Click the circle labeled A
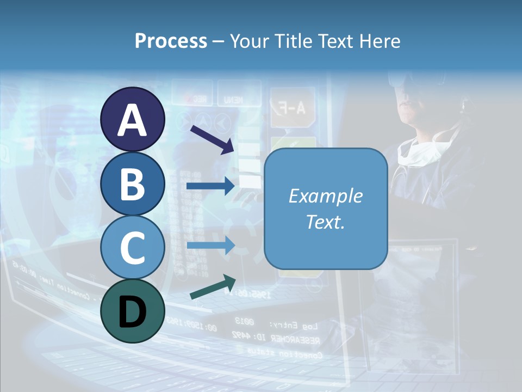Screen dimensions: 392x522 point(132,120)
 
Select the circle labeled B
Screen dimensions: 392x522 point(132,183)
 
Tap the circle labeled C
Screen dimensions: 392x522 point(132,247)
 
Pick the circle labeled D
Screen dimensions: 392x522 point(132,311)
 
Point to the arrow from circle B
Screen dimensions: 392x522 point(210,186)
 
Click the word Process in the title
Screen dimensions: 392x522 point(171,41)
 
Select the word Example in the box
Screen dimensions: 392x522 point(325,196)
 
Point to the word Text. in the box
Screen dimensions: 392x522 point(325,222)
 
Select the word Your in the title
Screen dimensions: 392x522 point(250,41)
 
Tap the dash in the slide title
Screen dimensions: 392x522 point(218,41)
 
